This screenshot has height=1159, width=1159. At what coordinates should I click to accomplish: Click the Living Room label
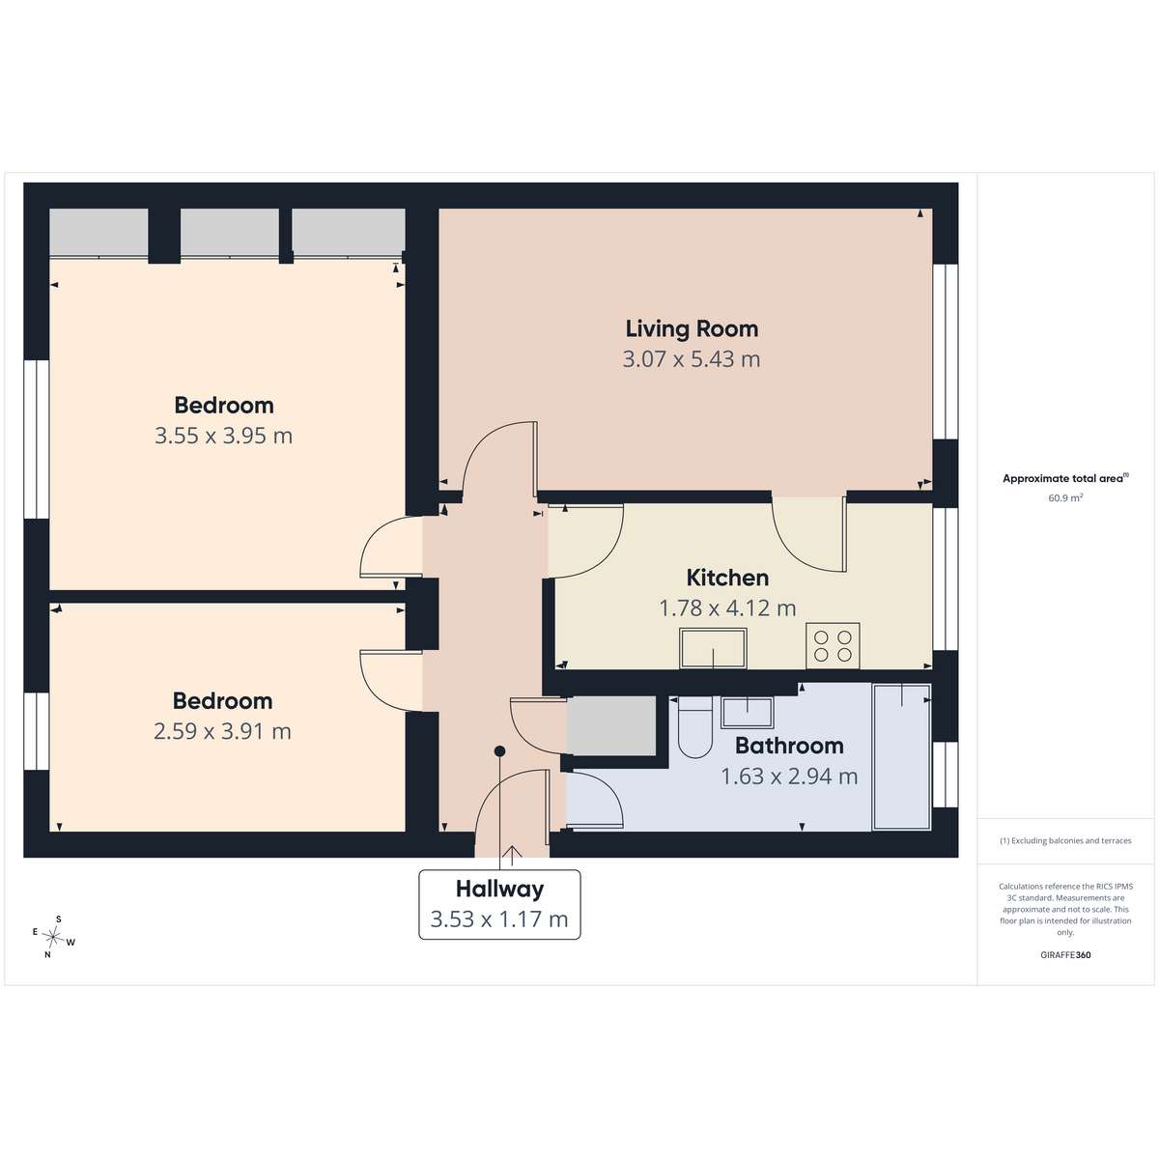pos(692,329)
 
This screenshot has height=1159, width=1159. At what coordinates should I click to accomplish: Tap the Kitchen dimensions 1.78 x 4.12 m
pos(728,608)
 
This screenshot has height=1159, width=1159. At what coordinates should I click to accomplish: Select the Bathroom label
pos(789,746)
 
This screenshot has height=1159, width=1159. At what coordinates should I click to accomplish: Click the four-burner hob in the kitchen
pos(833,645)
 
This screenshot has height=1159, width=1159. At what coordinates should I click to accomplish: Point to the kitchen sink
pos(713,648)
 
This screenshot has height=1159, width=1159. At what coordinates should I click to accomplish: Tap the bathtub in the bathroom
pos(901,756)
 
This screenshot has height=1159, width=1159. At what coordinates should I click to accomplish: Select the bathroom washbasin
pos(747,712)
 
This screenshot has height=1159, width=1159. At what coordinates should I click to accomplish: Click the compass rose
pos(53,937)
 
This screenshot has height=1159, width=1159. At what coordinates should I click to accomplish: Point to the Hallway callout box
pos(499,904)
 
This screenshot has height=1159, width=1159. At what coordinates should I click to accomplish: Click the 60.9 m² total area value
pos(1065,498)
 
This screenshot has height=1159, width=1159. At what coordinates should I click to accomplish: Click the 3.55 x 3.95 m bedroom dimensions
pos(224,436)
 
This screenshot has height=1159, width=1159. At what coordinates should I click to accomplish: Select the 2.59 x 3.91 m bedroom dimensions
pos(222,731)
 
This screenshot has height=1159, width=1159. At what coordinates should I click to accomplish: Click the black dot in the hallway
pos(499,750)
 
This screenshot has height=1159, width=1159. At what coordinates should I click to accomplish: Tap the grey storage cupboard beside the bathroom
pos(611,725)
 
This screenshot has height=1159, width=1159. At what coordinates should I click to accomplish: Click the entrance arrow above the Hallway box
pos(512,855)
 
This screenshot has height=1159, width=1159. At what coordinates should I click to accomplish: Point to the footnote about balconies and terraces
pos(1065,841)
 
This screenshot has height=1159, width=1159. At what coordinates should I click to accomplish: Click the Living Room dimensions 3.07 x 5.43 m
pos(692,359)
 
